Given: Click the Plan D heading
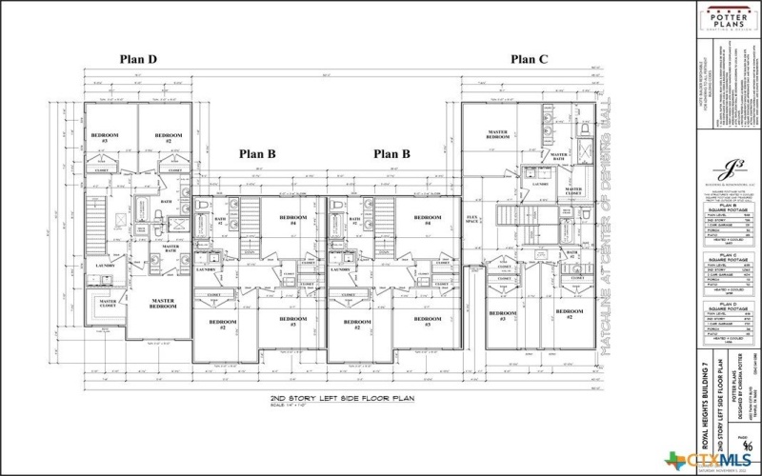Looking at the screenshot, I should point(138,59).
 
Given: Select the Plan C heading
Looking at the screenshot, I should point(529,59).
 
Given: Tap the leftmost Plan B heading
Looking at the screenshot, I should point(257,152).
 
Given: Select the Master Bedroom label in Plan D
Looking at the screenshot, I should point(162,304).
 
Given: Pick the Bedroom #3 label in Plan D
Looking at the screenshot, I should point(105,137).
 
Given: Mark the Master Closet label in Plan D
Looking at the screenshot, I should point(108,304).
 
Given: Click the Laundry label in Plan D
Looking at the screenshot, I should point(104,266).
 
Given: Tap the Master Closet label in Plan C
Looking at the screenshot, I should point(572,191).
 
